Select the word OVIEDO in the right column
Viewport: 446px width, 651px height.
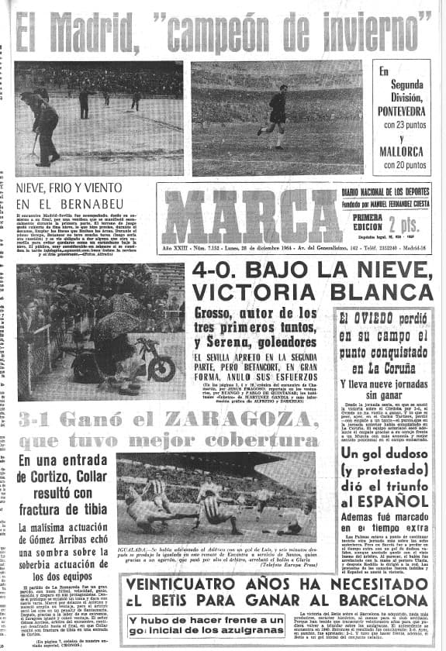(x=379, y=319)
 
